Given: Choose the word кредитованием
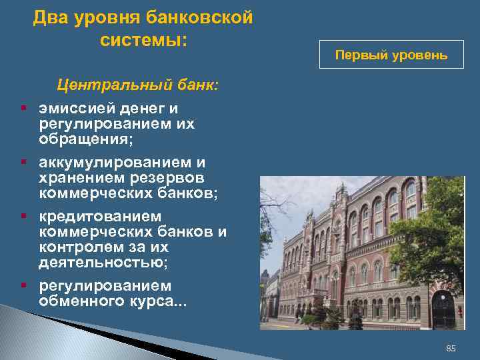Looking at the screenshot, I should coord(100,217).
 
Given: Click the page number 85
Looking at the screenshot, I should coord(450,349).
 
